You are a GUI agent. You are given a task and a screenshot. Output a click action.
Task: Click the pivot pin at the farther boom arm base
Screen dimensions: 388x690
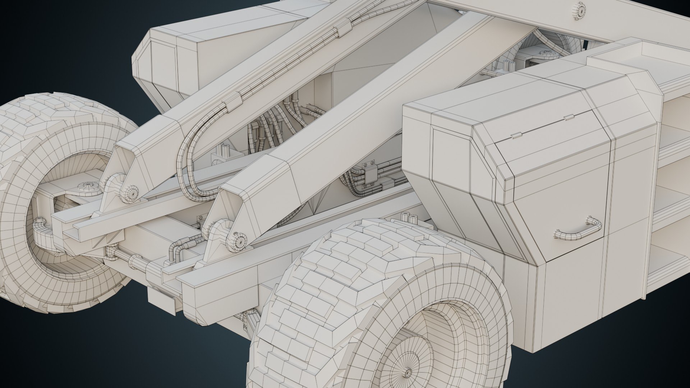[x=129, y=193]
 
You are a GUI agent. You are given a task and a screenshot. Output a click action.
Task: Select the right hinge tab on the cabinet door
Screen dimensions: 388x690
[x=568, y=117]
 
